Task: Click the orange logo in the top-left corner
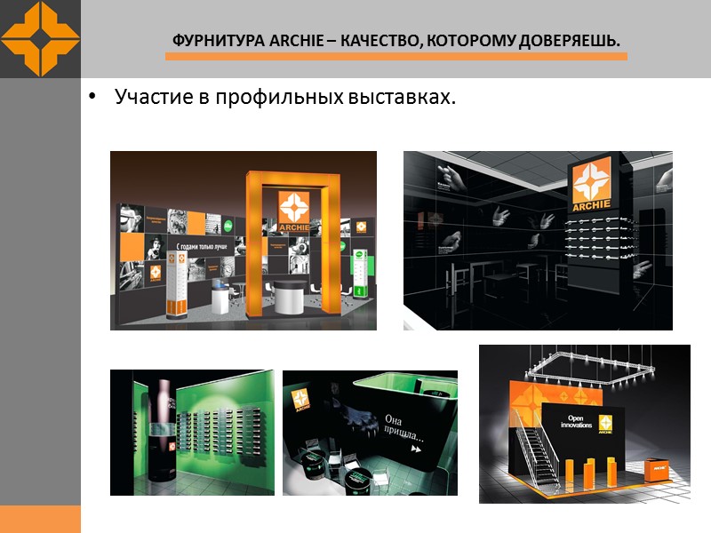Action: (40, 38)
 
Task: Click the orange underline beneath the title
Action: (395, 57)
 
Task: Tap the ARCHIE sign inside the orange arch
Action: (292, 214)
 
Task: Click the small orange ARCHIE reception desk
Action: (659, 467)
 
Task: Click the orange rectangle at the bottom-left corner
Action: (40, 519)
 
